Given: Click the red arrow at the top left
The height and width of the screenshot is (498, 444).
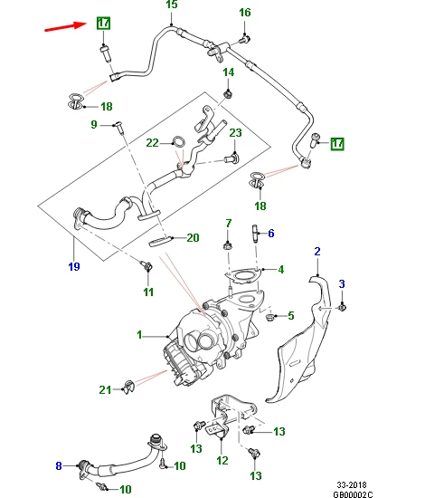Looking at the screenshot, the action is click(x=66, y=26).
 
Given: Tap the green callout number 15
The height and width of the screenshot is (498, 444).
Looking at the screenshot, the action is click(x=172, y=5).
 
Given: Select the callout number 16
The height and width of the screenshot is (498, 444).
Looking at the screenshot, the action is click(x=245, y=13).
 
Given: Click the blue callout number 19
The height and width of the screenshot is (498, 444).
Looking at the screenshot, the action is click(x=74, y=266).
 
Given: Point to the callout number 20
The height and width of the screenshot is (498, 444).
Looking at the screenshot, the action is click(x=193, y=238).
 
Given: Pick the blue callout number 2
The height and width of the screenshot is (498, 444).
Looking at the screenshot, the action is click(x=317, y=252).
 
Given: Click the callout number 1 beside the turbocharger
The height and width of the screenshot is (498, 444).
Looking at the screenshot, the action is click(x=139, y=335).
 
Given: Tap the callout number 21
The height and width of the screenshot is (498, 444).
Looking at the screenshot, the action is click(x=105, y=389).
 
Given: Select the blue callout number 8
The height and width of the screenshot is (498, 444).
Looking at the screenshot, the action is click(x=59, y=466).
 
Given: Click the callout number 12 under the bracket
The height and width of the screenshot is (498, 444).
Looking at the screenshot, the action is click(x=222, y=461).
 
